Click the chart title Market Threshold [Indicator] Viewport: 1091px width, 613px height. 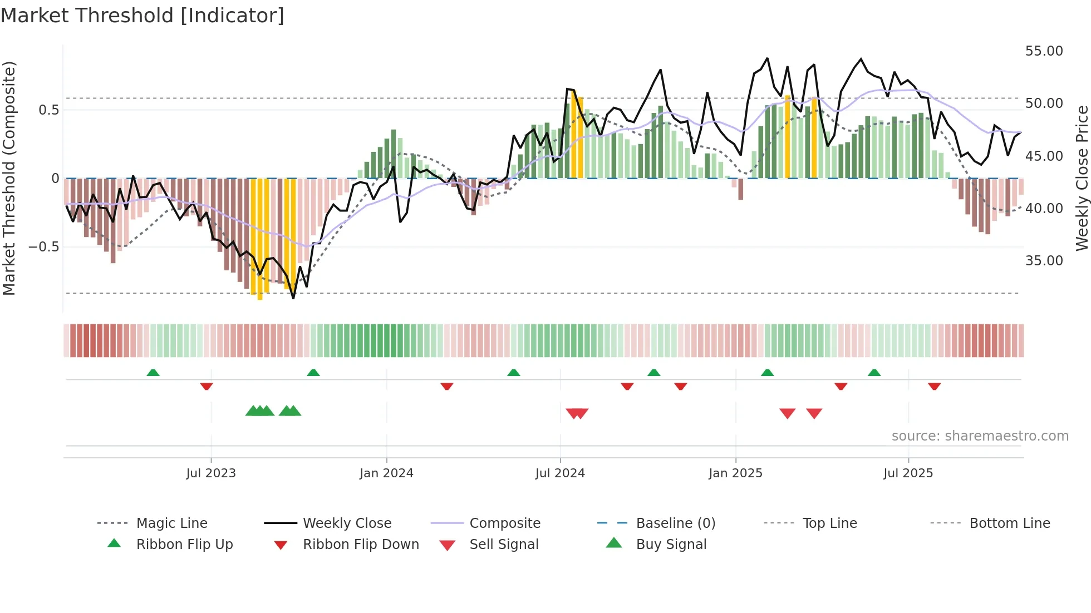142,16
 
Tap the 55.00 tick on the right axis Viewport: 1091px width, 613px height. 1044,51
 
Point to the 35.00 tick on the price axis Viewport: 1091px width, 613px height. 1044,261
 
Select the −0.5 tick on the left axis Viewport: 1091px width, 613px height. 43,246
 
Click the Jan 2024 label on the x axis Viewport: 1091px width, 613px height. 386,473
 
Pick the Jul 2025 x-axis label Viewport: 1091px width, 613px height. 908,473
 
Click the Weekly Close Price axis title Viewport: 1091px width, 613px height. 1082,178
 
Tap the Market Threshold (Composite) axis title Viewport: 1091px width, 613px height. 9,178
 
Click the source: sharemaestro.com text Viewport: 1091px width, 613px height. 980,436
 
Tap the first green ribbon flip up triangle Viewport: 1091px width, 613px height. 153,373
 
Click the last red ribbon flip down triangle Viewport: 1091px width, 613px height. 934,386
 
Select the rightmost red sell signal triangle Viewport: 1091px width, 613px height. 814,413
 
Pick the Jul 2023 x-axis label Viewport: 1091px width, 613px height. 211,473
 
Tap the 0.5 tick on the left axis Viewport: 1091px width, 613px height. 48,110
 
